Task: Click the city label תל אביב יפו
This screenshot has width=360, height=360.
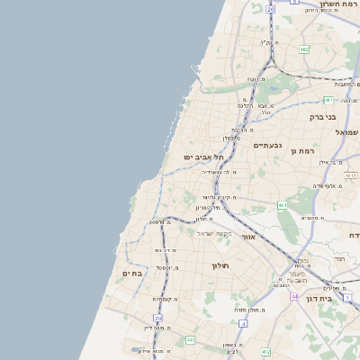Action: pos(202,156)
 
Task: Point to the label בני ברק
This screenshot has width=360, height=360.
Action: pos(341,116)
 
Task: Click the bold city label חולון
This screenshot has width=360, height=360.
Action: pos(221,265)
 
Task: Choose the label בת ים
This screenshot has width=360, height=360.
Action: pos(132,272)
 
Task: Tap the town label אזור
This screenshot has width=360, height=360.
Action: pos(250,236)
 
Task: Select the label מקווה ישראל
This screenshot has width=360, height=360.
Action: pos(214,233)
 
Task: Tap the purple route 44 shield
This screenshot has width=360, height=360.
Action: pos(293,295)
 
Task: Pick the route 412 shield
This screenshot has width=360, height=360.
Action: pos(265,351)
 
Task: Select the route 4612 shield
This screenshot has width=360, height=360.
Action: pos(350,175)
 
